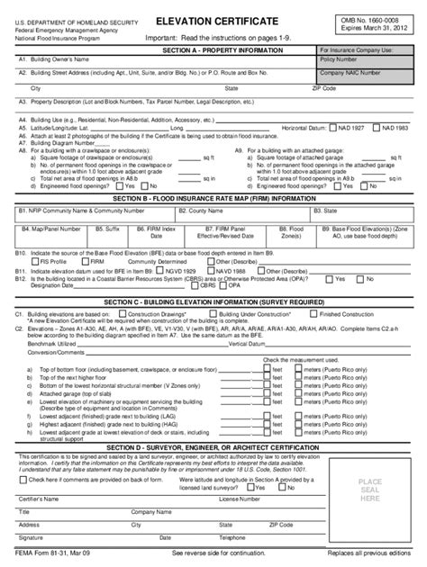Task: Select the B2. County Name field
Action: [241, 213]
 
